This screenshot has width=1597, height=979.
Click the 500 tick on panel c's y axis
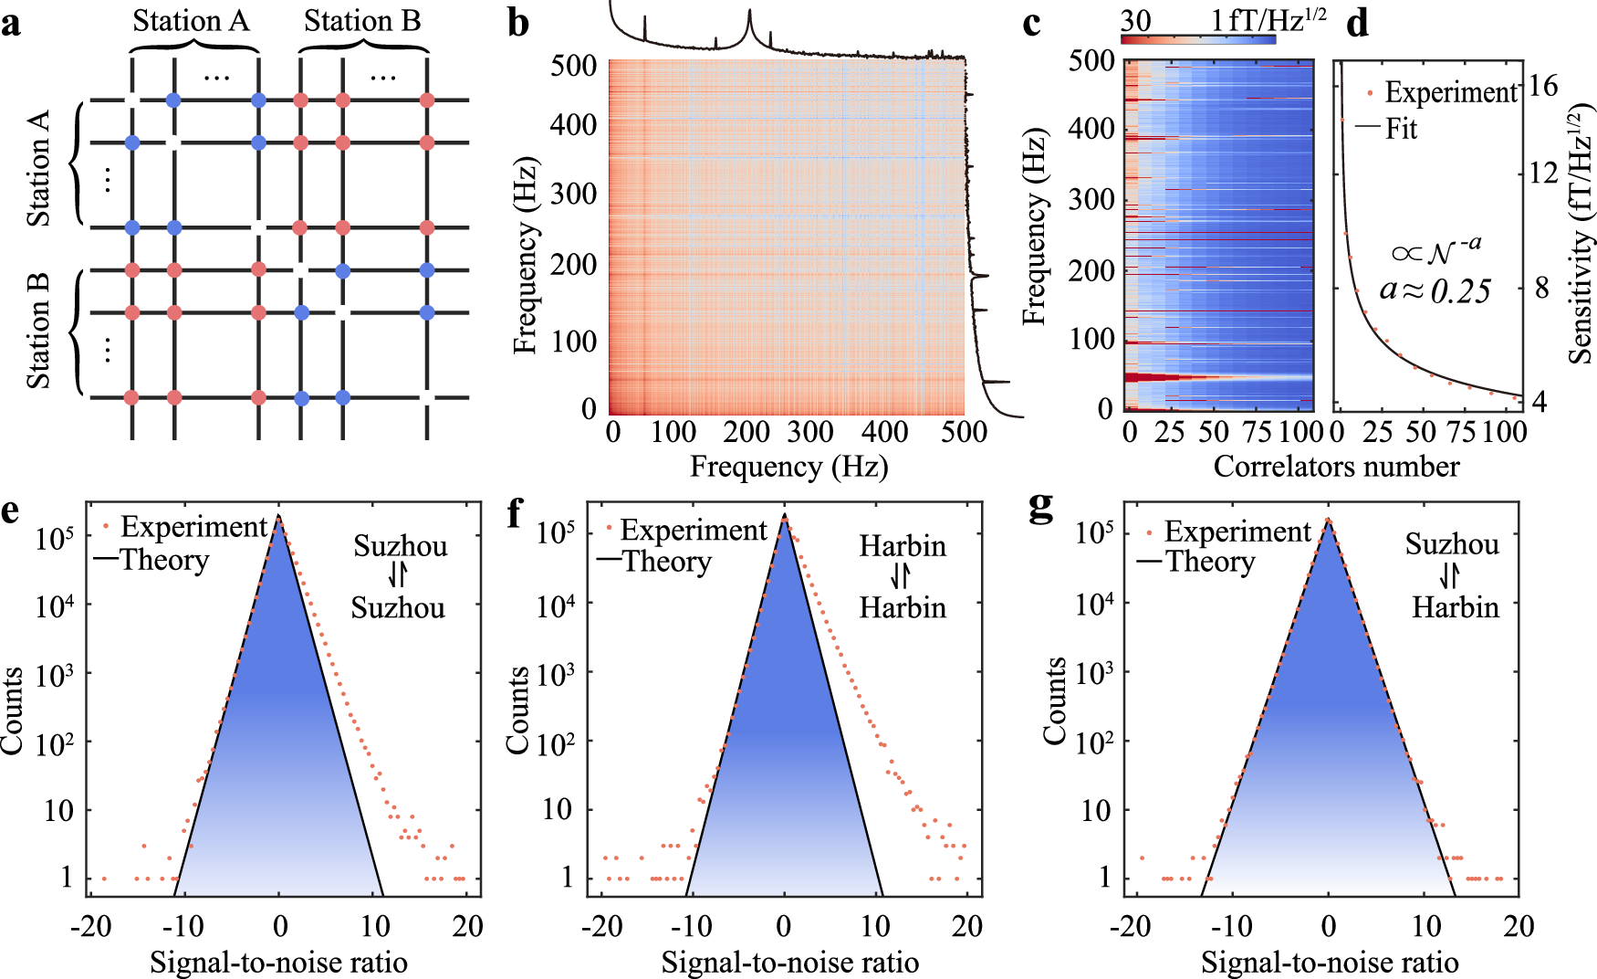pos(1092,61)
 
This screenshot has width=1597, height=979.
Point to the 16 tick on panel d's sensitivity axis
pos(1543,86)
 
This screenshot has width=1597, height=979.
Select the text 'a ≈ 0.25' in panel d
pos(1435,290)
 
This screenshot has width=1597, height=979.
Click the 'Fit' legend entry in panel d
pos(1401,129)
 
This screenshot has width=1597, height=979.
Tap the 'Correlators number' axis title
pos(1336,467)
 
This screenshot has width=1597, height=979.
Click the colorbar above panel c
pos(1198,39)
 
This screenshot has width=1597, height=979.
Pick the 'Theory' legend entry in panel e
pos(164,560)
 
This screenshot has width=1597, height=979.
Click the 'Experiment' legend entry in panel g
pos(1237,532)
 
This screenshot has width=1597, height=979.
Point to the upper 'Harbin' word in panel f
pos(903,546)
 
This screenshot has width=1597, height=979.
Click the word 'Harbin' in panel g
pos(1456,607)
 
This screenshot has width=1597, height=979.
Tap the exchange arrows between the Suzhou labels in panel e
pos(398,575)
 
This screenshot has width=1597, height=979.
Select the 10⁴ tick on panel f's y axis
pos(556,603)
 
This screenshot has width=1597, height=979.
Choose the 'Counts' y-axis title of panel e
pos(13,711)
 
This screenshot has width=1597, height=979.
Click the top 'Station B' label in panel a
pos(362,20)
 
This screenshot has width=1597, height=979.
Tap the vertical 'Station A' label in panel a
pos(38,168)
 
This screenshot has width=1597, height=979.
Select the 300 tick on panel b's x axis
pos(809,431)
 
